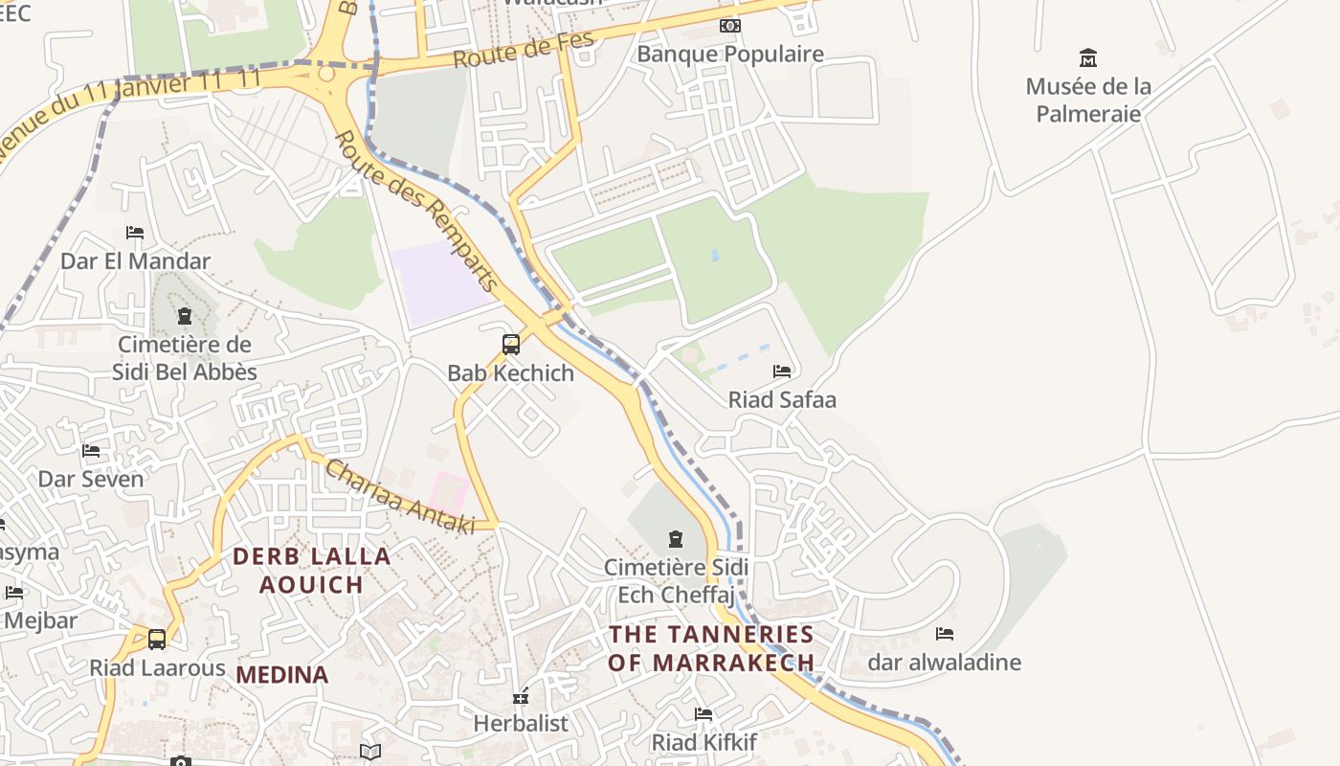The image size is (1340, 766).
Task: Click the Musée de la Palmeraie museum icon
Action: click(x=1088, y=57)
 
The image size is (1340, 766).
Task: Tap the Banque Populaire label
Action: click(x=730, y=54)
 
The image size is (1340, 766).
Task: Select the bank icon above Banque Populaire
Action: click(x=730, y=26)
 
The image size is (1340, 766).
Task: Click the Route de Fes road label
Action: click(x=523, y=49)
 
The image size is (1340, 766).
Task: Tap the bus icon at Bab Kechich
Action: click(x=511, y=345)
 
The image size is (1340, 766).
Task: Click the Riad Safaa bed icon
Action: click(x=782, y=371)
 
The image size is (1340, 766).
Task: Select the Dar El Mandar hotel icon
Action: click(x=135, y=233)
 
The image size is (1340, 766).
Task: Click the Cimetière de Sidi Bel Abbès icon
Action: click(x=185, y=315)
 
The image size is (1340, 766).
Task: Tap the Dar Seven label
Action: click(x=91, y=479)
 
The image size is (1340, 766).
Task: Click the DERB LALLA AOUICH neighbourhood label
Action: click(x=312, y=570)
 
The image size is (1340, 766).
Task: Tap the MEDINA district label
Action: click(x=282, y=674)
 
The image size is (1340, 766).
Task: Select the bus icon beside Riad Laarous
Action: click(x=157, y=639)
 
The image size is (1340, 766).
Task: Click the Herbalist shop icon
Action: click(x=522, y=696)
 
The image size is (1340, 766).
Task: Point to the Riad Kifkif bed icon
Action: click(x=703, y=714)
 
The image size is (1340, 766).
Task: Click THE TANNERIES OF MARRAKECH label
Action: click(x=711, y=647)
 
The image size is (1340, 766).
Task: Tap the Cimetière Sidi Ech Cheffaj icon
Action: click(x=676, y=538)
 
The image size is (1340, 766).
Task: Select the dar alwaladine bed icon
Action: click(x=945, y=634)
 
